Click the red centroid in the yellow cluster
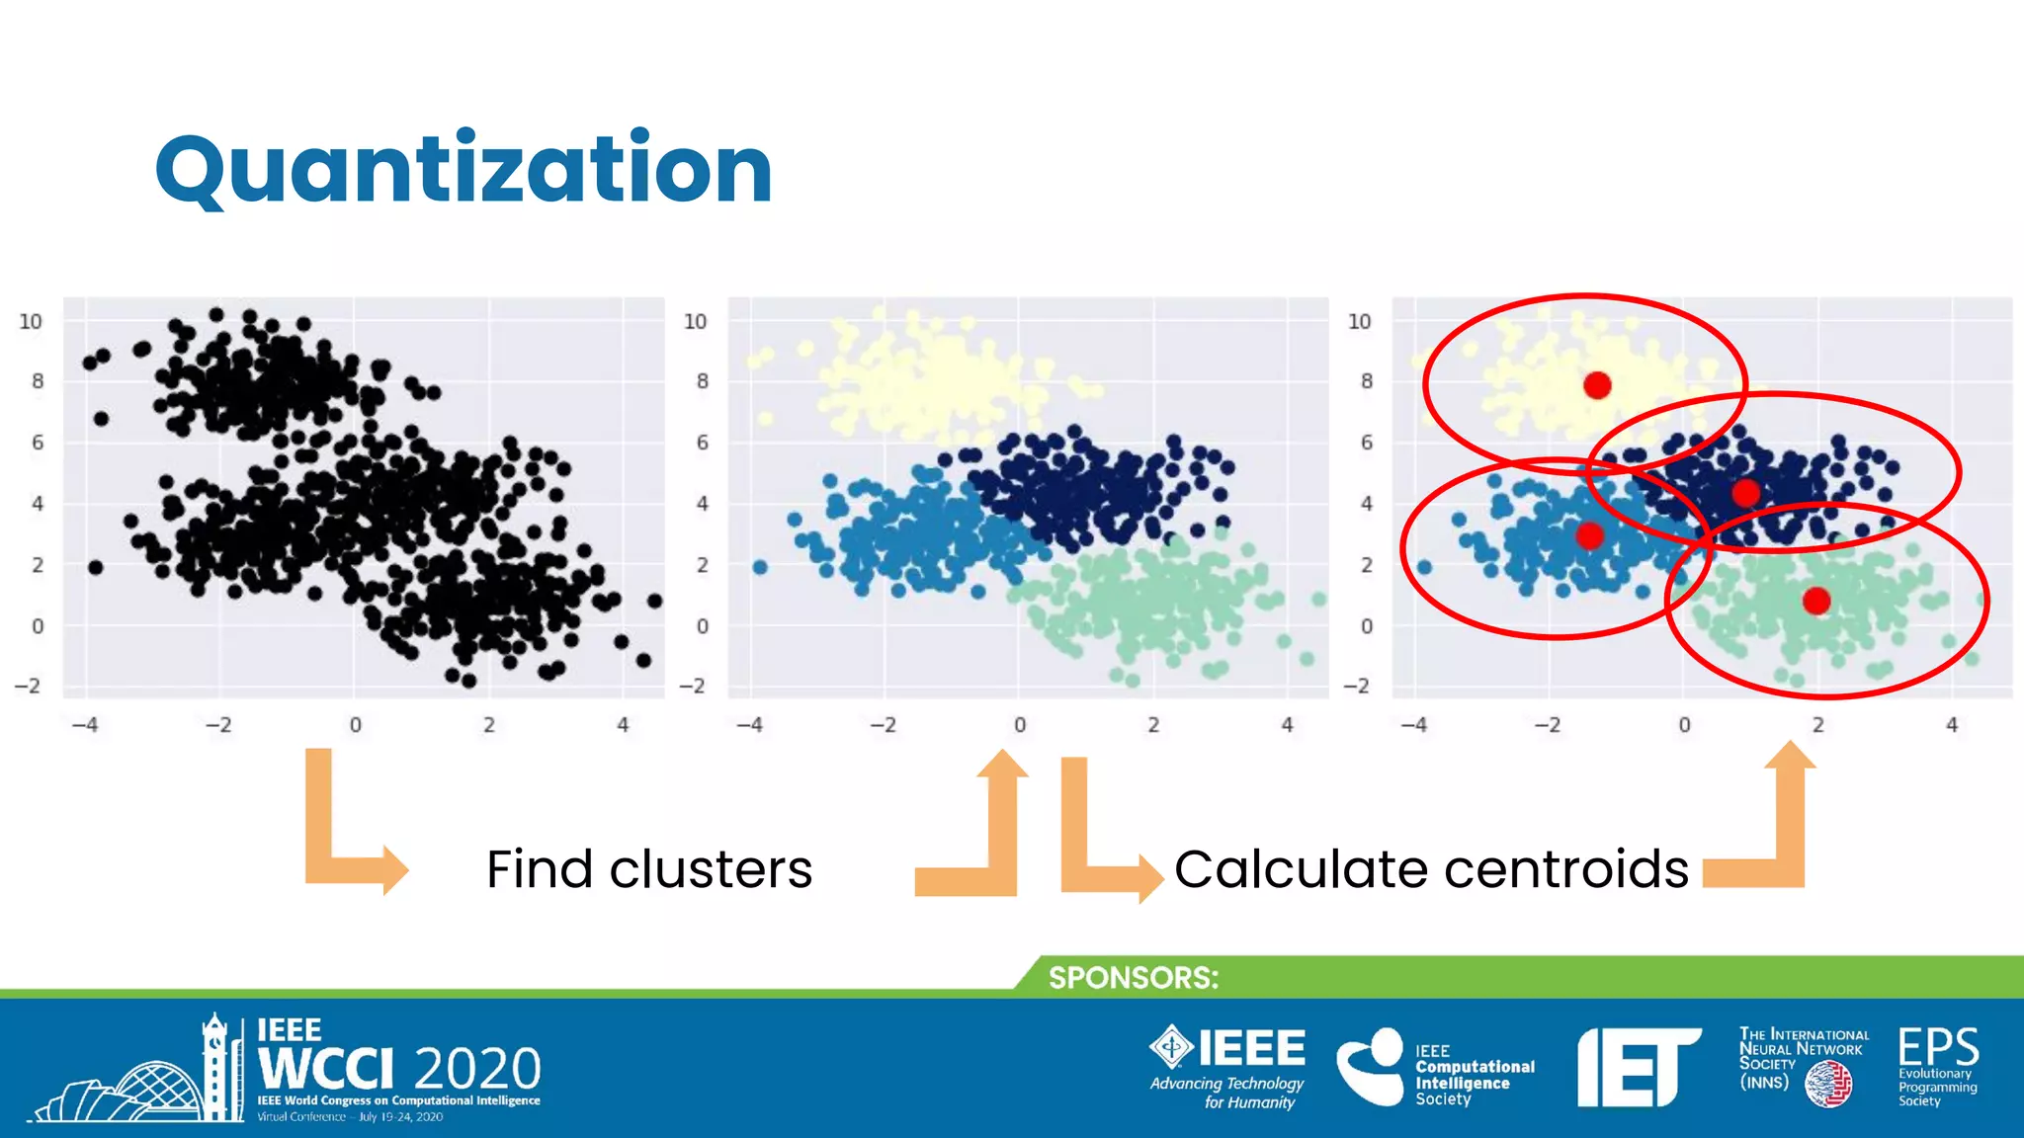pos(1597,385)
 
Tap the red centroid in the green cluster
pos(1815,601)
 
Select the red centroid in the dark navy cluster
pos(1745,492)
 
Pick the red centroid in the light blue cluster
pos(1589,535)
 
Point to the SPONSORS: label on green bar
pos(1133,978)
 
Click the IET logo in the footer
pos(1637,1067)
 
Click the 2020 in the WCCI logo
pos(477,1070)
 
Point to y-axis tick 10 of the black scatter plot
pos(31,322)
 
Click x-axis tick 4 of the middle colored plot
pos(1287,725)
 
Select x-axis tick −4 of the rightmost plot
pos(1413,725)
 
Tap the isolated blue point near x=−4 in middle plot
pos(760,567)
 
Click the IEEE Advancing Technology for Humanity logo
pos(1227,1067)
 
